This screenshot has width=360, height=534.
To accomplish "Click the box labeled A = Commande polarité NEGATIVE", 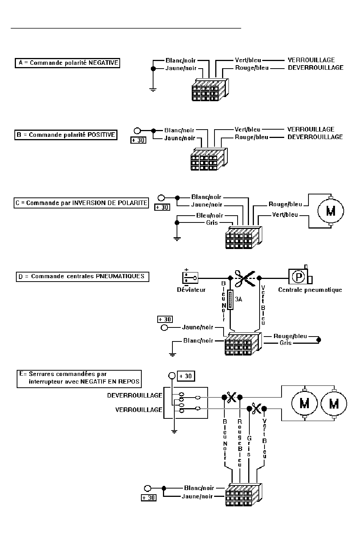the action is [x=67, y=63].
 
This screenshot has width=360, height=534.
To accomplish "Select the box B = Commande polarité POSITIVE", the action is [x=66, y=135].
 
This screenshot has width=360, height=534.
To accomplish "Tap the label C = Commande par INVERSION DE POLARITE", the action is [x=81, y=203].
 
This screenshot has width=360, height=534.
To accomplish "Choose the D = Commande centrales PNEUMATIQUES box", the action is [x=83, y=277].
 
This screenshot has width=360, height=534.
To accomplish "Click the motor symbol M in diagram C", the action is [x=331, y=211].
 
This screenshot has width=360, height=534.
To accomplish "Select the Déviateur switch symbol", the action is [x=190, y=278].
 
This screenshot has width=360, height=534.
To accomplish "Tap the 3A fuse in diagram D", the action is [x=230, y=300].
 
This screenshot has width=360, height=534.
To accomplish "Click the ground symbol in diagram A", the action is [x=153, y=90].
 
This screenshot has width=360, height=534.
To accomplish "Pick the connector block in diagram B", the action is [x=209, y=159].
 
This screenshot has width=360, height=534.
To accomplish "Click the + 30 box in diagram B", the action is [x=138, y=140].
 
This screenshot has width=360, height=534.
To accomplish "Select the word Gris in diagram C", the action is [x=212, y=223].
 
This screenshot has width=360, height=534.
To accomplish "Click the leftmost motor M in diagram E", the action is [x=304, y=404].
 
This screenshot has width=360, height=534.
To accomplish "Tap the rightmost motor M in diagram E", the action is [x=334, y=404].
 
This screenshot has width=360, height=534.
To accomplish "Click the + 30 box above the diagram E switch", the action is [x=186, y=376].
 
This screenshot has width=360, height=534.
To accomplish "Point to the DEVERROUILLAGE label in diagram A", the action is [x=316, y=68].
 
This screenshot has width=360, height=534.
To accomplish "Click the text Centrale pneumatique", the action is [x=310, y=290].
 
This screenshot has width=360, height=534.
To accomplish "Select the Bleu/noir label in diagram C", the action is [x=210, y=216].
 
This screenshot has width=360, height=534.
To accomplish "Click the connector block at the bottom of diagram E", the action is [x=244, y=495].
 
